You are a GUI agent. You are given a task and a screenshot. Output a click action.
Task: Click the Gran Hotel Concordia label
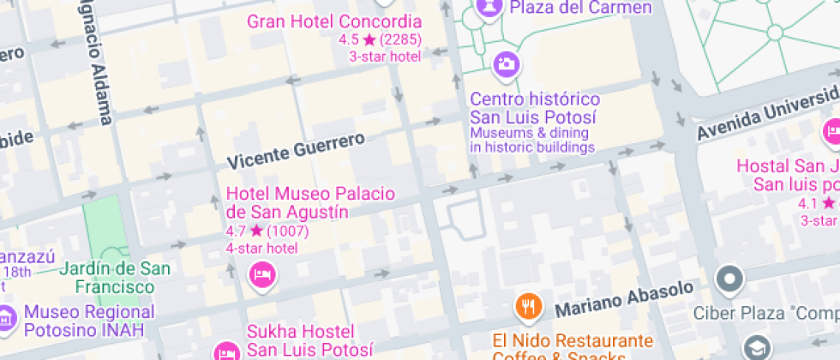(x=334, y=21)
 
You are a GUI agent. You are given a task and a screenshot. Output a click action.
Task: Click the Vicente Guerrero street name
(x=296, y=150)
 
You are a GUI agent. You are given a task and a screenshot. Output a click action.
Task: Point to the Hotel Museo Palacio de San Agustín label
(x=310, y=202)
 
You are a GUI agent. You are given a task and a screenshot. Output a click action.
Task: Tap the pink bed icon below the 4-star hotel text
(x=261, y=274)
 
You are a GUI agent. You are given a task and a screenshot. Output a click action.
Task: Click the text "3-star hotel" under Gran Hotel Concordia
(x=384, y=57)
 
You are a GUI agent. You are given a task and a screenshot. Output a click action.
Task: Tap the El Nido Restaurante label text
(x=573, y=341)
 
